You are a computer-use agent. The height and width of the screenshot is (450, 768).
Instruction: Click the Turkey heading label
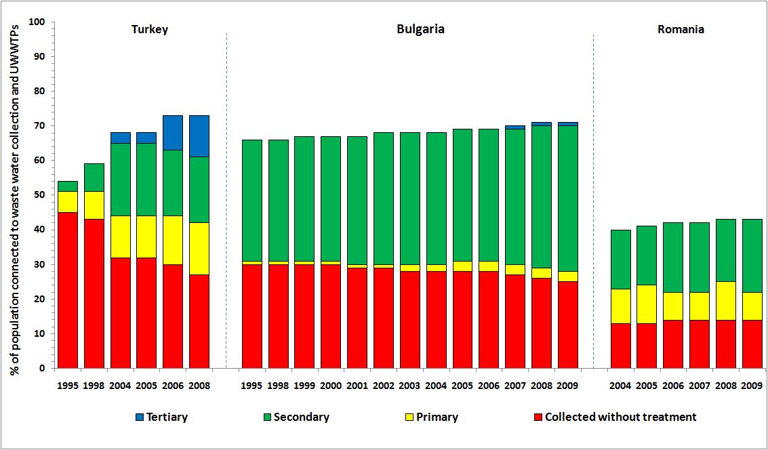(150, 29)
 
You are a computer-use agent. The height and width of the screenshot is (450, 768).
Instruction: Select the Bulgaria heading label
(420, 29)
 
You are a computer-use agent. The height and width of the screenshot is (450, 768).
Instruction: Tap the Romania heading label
(681, 29)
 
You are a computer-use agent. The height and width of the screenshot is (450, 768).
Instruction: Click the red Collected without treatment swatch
(538, 417)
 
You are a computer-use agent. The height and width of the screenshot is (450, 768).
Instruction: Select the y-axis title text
(14, 197)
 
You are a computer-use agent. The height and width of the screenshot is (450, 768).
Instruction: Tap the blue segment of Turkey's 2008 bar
(199, 136)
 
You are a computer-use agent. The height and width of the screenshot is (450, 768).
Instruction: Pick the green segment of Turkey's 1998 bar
(94, 177)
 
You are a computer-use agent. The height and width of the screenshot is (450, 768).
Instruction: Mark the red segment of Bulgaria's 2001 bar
(357, 318)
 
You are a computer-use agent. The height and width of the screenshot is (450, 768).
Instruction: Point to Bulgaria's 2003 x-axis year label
(410, 386)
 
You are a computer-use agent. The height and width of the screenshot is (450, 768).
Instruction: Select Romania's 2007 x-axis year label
(700, 386)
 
